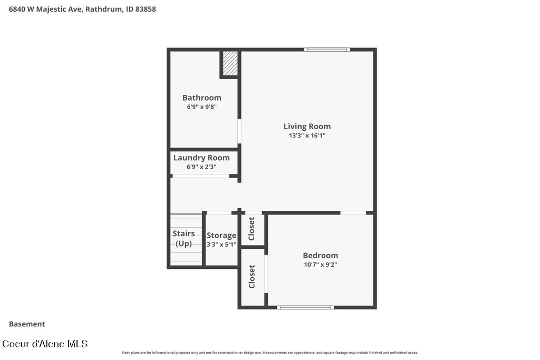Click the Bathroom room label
[x=202, y=98]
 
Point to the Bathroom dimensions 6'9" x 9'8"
[x=202, y=106]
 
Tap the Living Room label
[x=307, y=127]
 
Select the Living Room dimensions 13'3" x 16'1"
[x=307, y=135]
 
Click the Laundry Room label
[x=201, y=158]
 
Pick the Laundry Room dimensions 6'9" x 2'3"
[x=201, y=167]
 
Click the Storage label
[x=221, y=236]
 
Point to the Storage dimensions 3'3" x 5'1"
[x=221, y=245]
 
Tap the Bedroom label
[x=321, y=255]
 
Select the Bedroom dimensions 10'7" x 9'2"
[x=321, y=264]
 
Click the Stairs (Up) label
[x=184, y=239]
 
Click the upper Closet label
[x=252, y=229]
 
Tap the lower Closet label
[x=252, y=276]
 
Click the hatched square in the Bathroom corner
[x=230, y=63]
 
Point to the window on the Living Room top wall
[x=327, y=50]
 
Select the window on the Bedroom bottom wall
[x=305, y=307]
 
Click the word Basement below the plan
[x=27, y=324]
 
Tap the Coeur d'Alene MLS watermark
[x=45, y=344]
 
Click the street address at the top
[x=82, y=9]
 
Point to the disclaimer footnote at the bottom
[x=269, y=353]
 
